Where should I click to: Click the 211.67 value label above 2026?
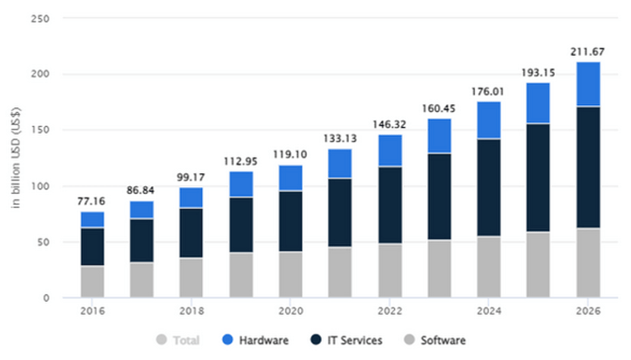point(588,52)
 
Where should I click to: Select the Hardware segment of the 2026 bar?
point(588,84)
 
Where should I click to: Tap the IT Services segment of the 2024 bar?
point(489,187)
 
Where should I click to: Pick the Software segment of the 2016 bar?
point(92,281)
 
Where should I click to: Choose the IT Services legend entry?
point(347,340)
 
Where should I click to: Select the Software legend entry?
point(436,340)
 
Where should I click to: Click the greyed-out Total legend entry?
point(179,340)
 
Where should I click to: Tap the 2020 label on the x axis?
point(291,311)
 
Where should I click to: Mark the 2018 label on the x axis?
point(192,311)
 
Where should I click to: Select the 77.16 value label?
point(92,202)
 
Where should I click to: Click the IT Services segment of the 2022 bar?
point(390,205)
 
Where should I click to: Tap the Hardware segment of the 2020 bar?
point(291,177)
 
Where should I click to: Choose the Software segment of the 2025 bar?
point(538,265)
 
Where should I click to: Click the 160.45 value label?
point(439,109)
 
